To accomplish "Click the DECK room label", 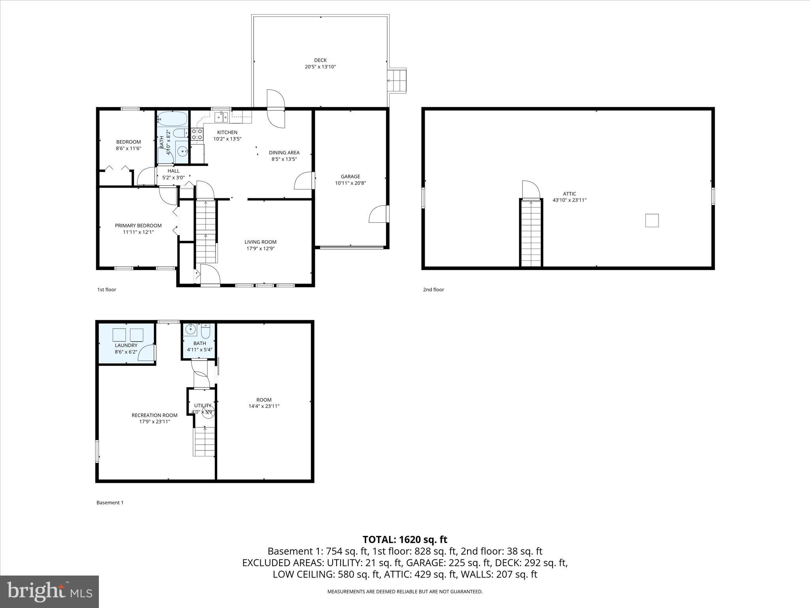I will (320, 61).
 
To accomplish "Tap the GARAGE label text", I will (350, 177).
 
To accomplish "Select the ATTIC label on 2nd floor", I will (570, 194).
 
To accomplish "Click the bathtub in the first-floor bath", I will (172, 118).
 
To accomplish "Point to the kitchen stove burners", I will (197, 135).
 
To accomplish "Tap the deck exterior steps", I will (397, 81).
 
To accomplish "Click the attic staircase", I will (531, 234).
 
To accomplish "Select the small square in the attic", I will (652, 220).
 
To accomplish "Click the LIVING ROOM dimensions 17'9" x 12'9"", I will (260, 249).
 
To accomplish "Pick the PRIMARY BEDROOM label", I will (138, 226).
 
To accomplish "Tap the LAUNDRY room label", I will (126, 345).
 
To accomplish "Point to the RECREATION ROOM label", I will (154, 415).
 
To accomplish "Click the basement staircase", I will (204, 441).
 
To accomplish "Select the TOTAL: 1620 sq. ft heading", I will (405, 540).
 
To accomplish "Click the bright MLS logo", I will (49, 592).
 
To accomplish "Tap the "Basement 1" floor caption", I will (110, 503).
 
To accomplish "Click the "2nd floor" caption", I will (433, 290).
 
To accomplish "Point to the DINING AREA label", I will (284, 152).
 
